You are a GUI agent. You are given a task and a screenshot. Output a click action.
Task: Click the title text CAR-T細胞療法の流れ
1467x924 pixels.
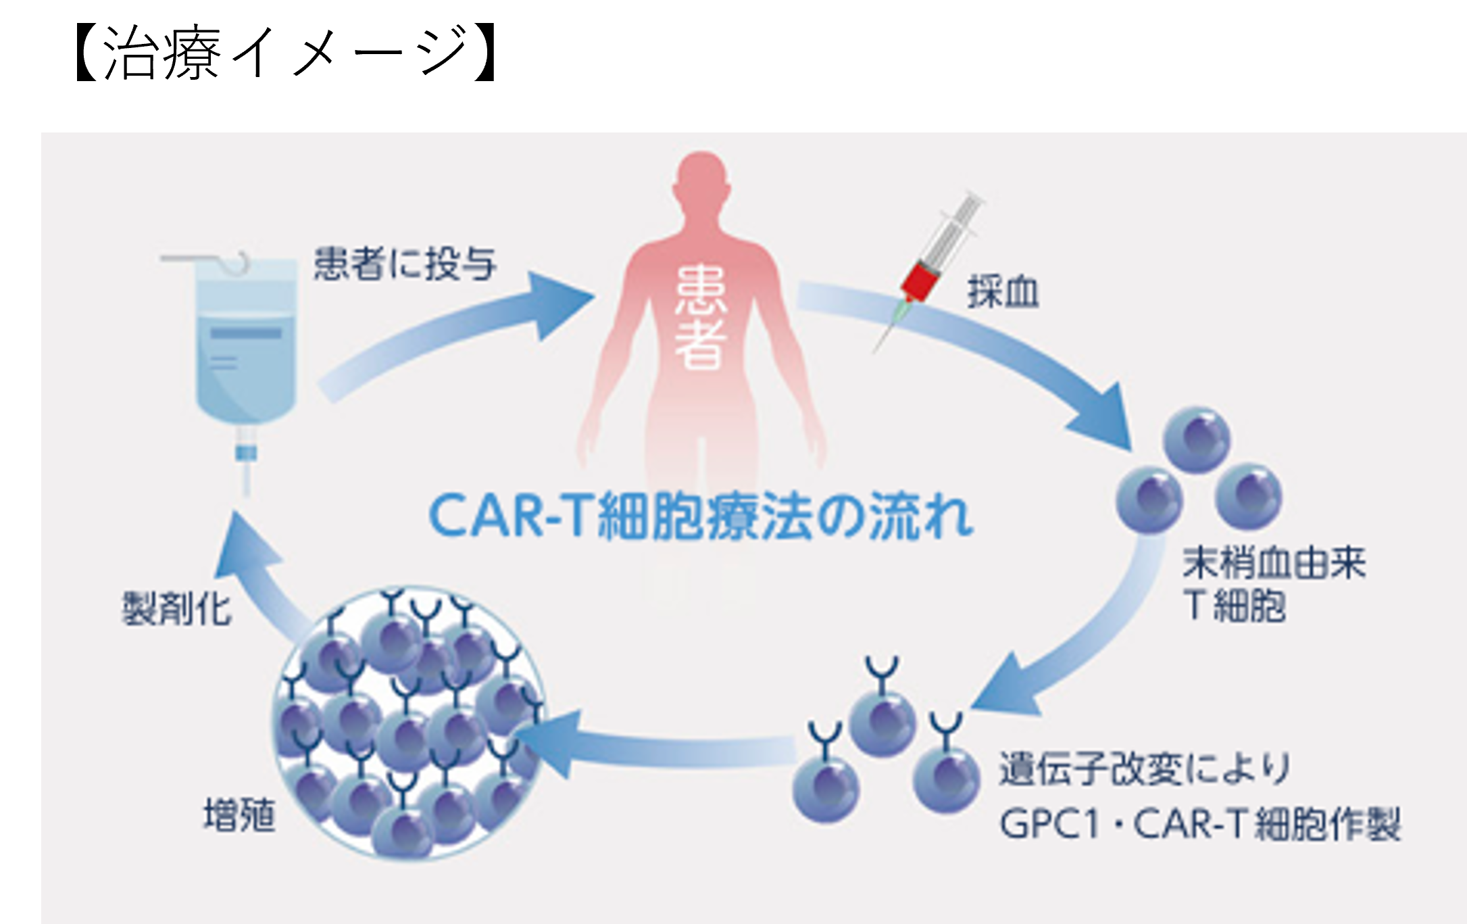click(x=701, y=518)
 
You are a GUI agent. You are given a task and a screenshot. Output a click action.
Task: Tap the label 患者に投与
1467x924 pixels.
click(x=405, y=264)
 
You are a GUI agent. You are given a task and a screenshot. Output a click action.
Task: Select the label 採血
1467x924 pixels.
click(x=1003, y=293)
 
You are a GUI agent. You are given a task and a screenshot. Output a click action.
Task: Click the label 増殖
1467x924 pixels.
click(x=239, y=817)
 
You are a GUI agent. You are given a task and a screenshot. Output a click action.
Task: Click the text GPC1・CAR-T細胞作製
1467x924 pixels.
click(x=1200, y=825)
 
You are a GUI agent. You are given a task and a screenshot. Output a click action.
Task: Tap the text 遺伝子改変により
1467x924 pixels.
click(x=1145, y=770)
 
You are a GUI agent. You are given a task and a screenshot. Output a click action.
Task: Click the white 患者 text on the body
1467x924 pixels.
click(x=701, y=318)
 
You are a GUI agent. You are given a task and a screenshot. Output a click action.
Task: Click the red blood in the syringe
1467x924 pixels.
click(x=920, y=281)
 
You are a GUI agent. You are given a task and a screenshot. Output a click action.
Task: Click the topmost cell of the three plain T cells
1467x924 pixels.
click(x=1196, y=439)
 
